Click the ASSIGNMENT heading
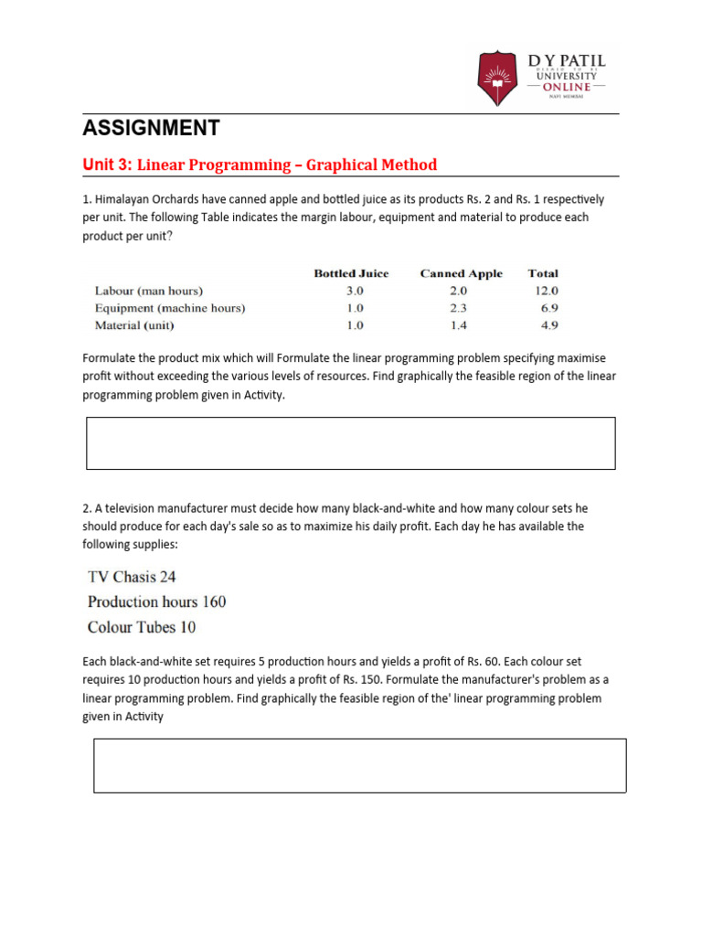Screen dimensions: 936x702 (x=151, y=127)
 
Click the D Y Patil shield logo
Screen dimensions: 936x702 (x=496, y=79)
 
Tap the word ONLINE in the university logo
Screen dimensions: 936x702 (x=566, y=86)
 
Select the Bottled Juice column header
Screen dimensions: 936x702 (x=351, y=273)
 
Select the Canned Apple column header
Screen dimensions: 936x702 (x=461, y=273)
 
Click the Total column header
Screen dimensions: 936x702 (x=543, y=273)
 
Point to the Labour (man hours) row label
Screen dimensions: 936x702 (x=149, y=291)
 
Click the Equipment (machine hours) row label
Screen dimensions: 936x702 (x=170, y=308)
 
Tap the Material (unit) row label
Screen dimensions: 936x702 (x=134, y=325)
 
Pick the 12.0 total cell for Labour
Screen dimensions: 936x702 (x=546, y=291)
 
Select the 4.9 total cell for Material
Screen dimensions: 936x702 (x=548, y=325)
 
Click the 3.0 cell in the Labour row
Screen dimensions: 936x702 (x=354, y=291)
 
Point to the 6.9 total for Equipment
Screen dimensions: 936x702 (x=548, y=308)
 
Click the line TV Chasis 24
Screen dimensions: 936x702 (x=132, y=577)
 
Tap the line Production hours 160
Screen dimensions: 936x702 (x=156, y=601)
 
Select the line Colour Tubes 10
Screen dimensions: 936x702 (x=142, y=627)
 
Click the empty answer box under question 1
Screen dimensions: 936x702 (x=351, y=443)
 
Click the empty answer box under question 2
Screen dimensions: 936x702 (x=360, y=765)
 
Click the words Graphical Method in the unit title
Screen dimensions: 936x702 (x=371, y=165)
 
